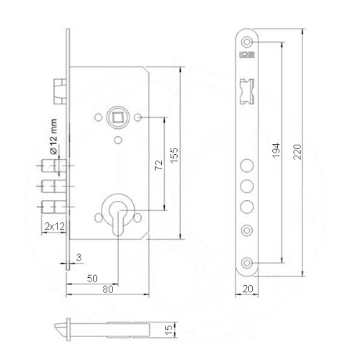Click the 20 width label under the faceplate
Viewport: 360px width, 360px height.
coord(249,288)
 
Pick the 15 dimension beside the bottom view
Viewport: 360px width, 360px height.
coord(169,330)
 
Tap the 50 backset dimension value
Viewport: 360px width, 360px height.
coord(92,277)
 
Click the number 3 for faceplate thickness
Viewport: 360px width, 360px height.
coord(78,256)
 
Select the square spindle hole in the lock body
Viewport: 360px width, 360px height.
coord(116,115)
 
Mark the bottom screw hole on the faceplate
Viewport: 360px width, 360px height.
coord(248,263)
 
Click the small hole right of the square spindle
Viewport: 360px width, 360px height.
coord(139,116)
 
